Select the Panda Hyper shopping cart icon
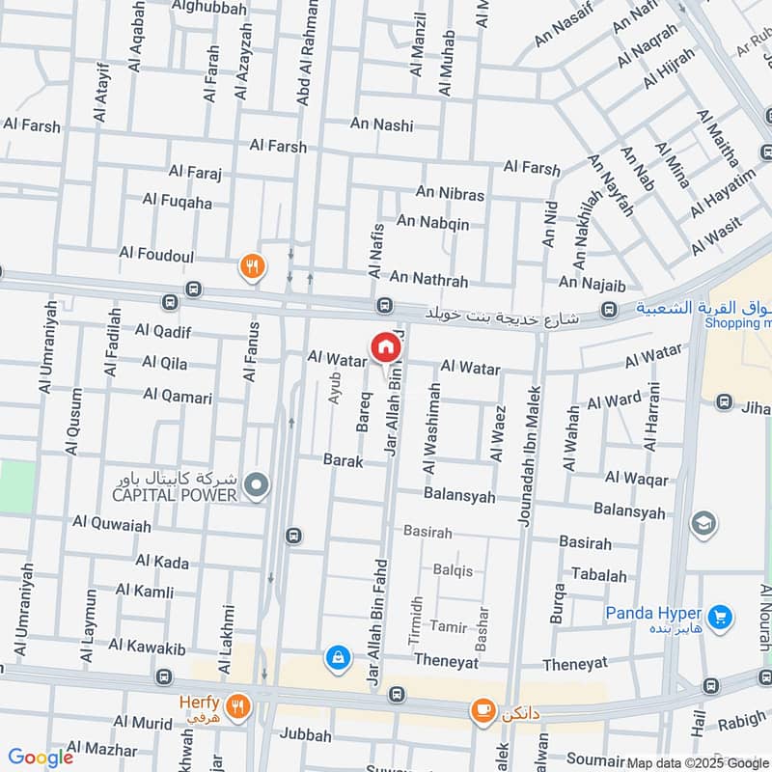pyautogui.click(x=717, y=615)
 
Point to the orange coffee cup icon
pyautogui.click(x=480, y=711)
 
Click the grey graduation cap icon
pyautogui.click(x=703, y=524)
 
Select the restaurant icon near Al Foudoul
pyautogui.click(x=252, y=266)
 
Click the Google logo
pyautogui.click(x=41, y=758)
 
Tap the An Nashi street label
pyautogui.click(x=381, y=124)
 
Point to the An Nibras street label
pyautogui.click(x=450, y=194)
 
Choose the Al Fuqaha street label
pyautogui.click(x=177, y=200)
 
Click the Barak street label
pyautogui.click(x=344, y=461)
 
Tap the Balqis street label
pyautogui.click(x=453, y=569)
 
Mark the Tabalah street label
pyautogui.click(x=598, y=575)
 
